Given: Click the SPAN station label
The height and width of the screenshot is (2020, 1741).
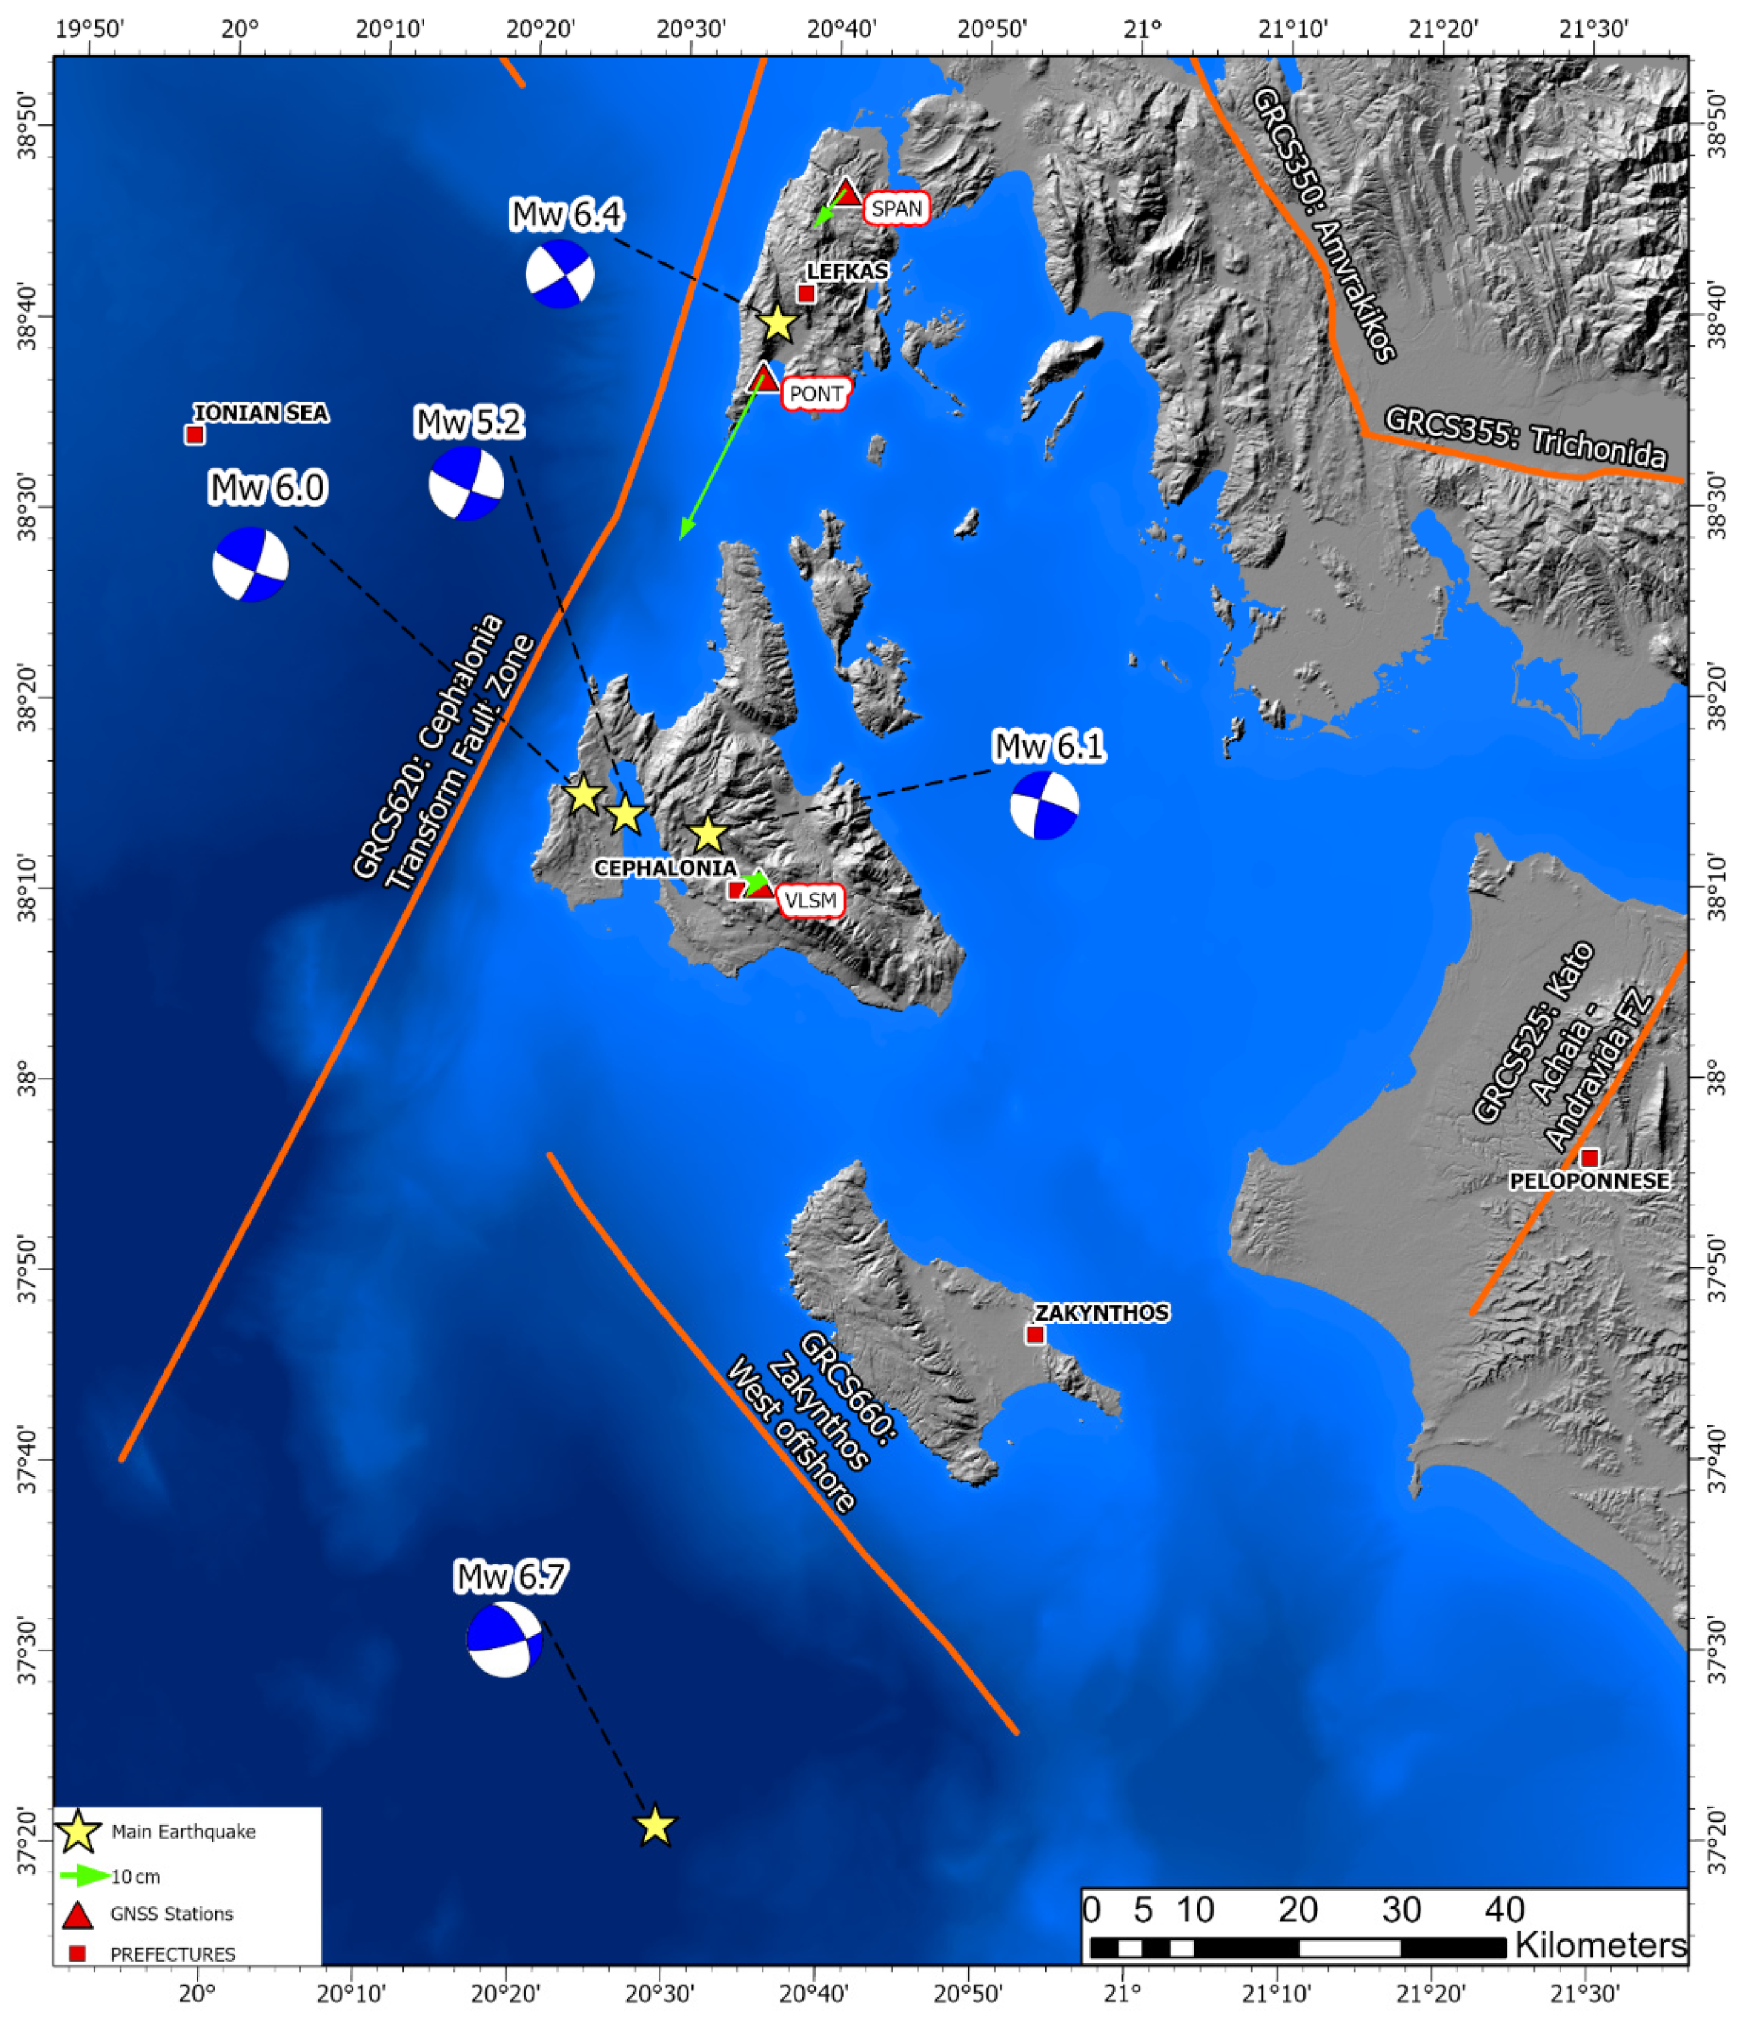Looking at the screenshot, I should click(895, 208).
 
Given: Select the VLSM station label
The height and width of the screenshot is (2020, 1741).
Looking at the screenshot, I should click(810, 900).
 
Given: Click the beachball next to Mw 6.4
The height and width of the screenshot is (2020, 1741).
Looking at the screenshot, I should click(559, 274).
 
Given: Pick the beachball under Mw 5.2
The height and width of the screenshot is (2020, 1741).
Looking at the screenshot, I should click(466, 483).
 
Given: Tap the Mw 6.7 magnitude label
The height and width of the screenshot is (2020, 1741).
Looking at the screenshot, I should click(511, 1577).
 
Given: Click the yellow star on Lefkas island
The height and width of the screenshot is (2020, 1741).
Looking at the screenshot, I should click(777, 323).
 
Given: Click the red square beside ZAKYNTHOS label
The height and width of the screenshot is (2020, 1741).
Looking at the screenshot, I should click(1035, 1335).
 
